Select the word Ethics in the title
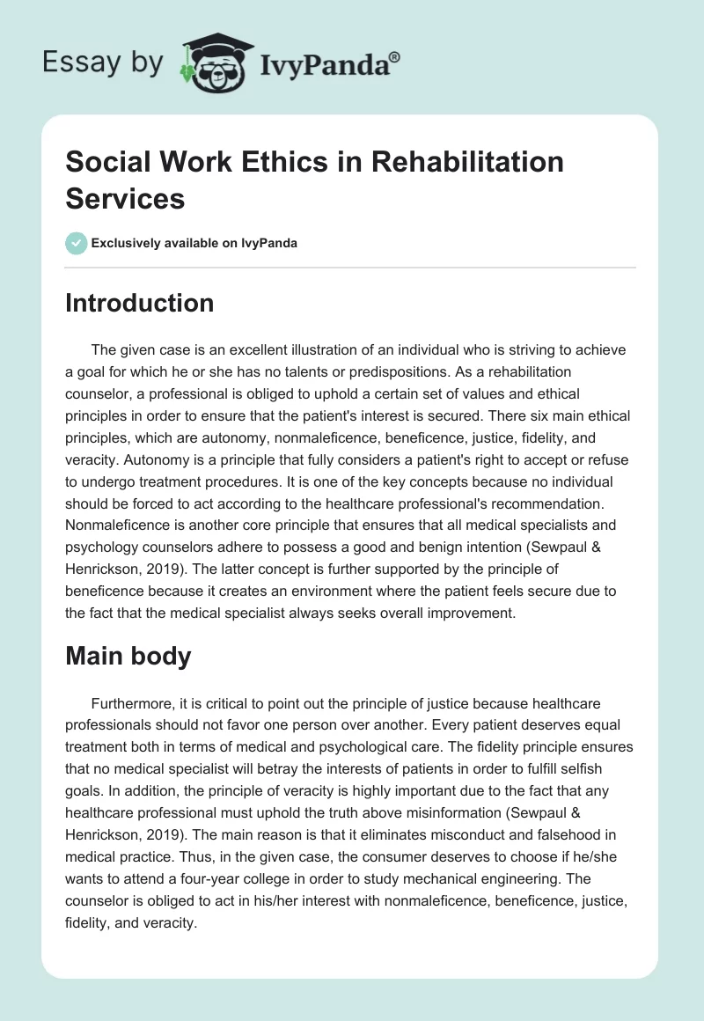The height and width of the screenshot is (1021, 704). pyautogui.click(x=266, y=162)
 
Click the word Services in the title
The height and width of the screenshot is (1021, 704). pyautogui.click(x=125, y=199)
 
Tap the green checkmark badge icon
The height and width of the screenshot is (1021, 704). pyautogui.click(x=77, y=243)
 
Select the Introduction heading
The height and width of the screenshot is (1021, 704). pyautogui.click(x=139, y=303)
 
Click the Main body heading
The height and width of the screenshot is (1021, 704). pyautogui.click(x=128, y=657)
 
